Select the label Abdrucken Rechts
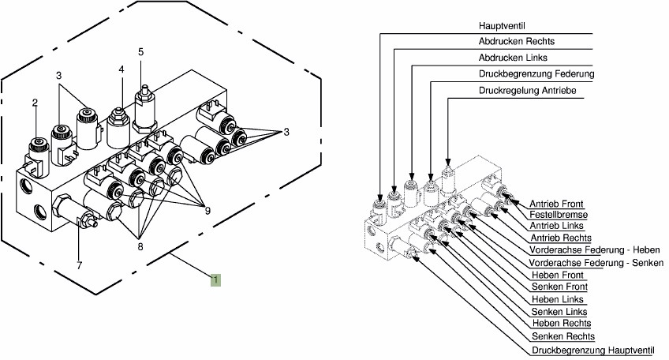tap(516, 41)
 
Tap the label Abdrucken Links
tap(513, 58)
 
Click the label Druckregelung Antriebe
tap(527, 91)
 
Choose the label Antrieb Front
tap(558, 202)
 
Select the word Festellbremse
tap(559, 214)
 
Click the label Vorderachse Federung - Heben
tap(595, 250)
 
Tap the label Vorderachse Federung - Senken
tap(596, 262)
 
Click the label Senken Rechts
tap(563, 336)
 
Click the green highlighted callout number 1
tap(215, 278)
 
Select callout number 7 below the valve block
tap(79, 264)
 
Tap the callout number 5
tap(141, 52)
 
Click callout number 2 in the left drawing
tap(35, 103)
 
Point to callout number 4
tap(121, 70)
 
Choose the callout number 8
tap(140, 246)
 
